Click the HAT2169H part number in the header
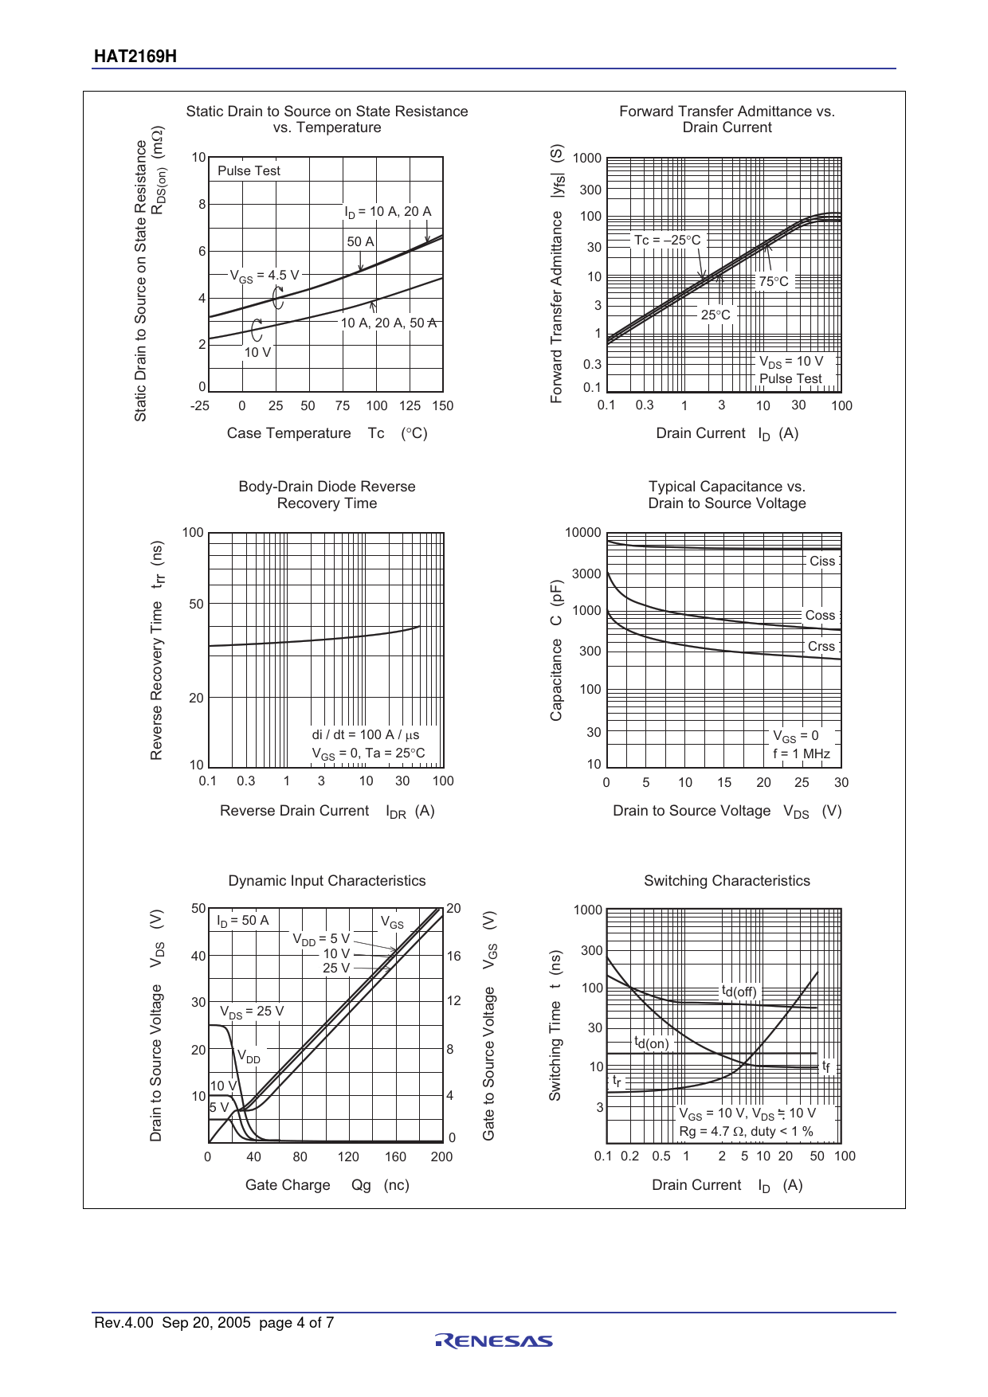(x=135, y=57)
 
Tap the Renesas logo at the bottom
(x=494, y=1341)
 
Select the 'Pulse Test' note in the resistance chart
(x=249, y=170)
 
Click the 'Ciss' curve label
(x=821, y=562)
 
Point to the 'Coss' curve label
(x=820, y=616)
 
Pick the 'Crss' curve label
(x=821, y=647)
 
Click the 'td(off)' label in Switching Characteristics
(x=739, y=992)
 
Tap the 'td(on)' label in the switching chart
(x=651, y=1043)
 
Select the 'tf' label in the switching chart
(x=826, y=1066)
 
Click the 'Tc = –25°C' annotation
(x=667, y=240)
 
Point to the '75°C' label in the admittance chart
(x=773, y=281)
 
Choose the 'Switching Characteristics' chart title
(x=727, y=881)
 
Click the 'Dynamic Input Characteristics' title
(x=327, y=881)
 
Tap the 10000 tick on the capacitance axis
(x=582, y=533)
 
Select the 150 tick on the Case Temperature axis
(x=442, y=406)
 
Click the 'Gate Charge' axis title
(x=288, y=1185)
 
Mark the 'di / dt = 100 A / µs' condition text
(x=365, y=734)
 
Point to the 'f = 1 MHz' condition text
(x=801, y=753)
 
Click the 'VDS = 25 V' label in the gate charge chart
(x=252, y=1012)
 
